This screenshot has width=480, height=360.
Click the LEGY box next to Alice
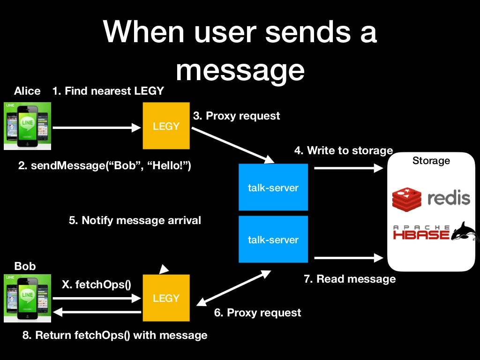point(166,126)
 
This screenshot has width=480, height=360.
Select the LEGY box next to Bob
point(166,298)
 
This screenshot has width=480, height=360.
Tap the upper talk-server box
point(273,187)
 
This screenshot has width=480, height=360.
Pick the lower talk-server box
point(273,239)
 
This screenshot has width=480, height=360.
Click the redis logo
point(431,198)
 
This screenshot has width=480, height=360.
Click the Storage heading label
point(431,161)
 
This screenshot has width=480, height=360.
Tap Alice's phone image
point(27,126)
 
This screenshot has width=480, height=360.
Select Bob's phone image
point(27,298)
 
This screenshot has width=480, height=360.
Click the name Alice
point(27,91)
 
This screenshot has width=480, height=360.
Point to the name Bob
point(25,266)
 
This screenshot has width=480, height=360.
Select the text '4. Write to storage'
point(343,150)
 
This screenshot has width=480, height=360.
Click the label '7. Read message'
point(349,279)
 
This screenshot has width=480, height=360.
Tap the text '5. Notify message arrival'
point(135,220)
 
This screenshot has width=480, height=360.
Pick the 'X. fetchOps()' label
point(97,284)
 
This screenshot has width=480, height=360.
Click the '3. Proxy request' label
point(236,115)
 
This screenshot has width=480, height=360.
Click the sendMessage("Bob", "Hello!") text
point(105,165)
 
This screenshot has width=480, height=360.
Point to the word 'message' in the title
point(240,70)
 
